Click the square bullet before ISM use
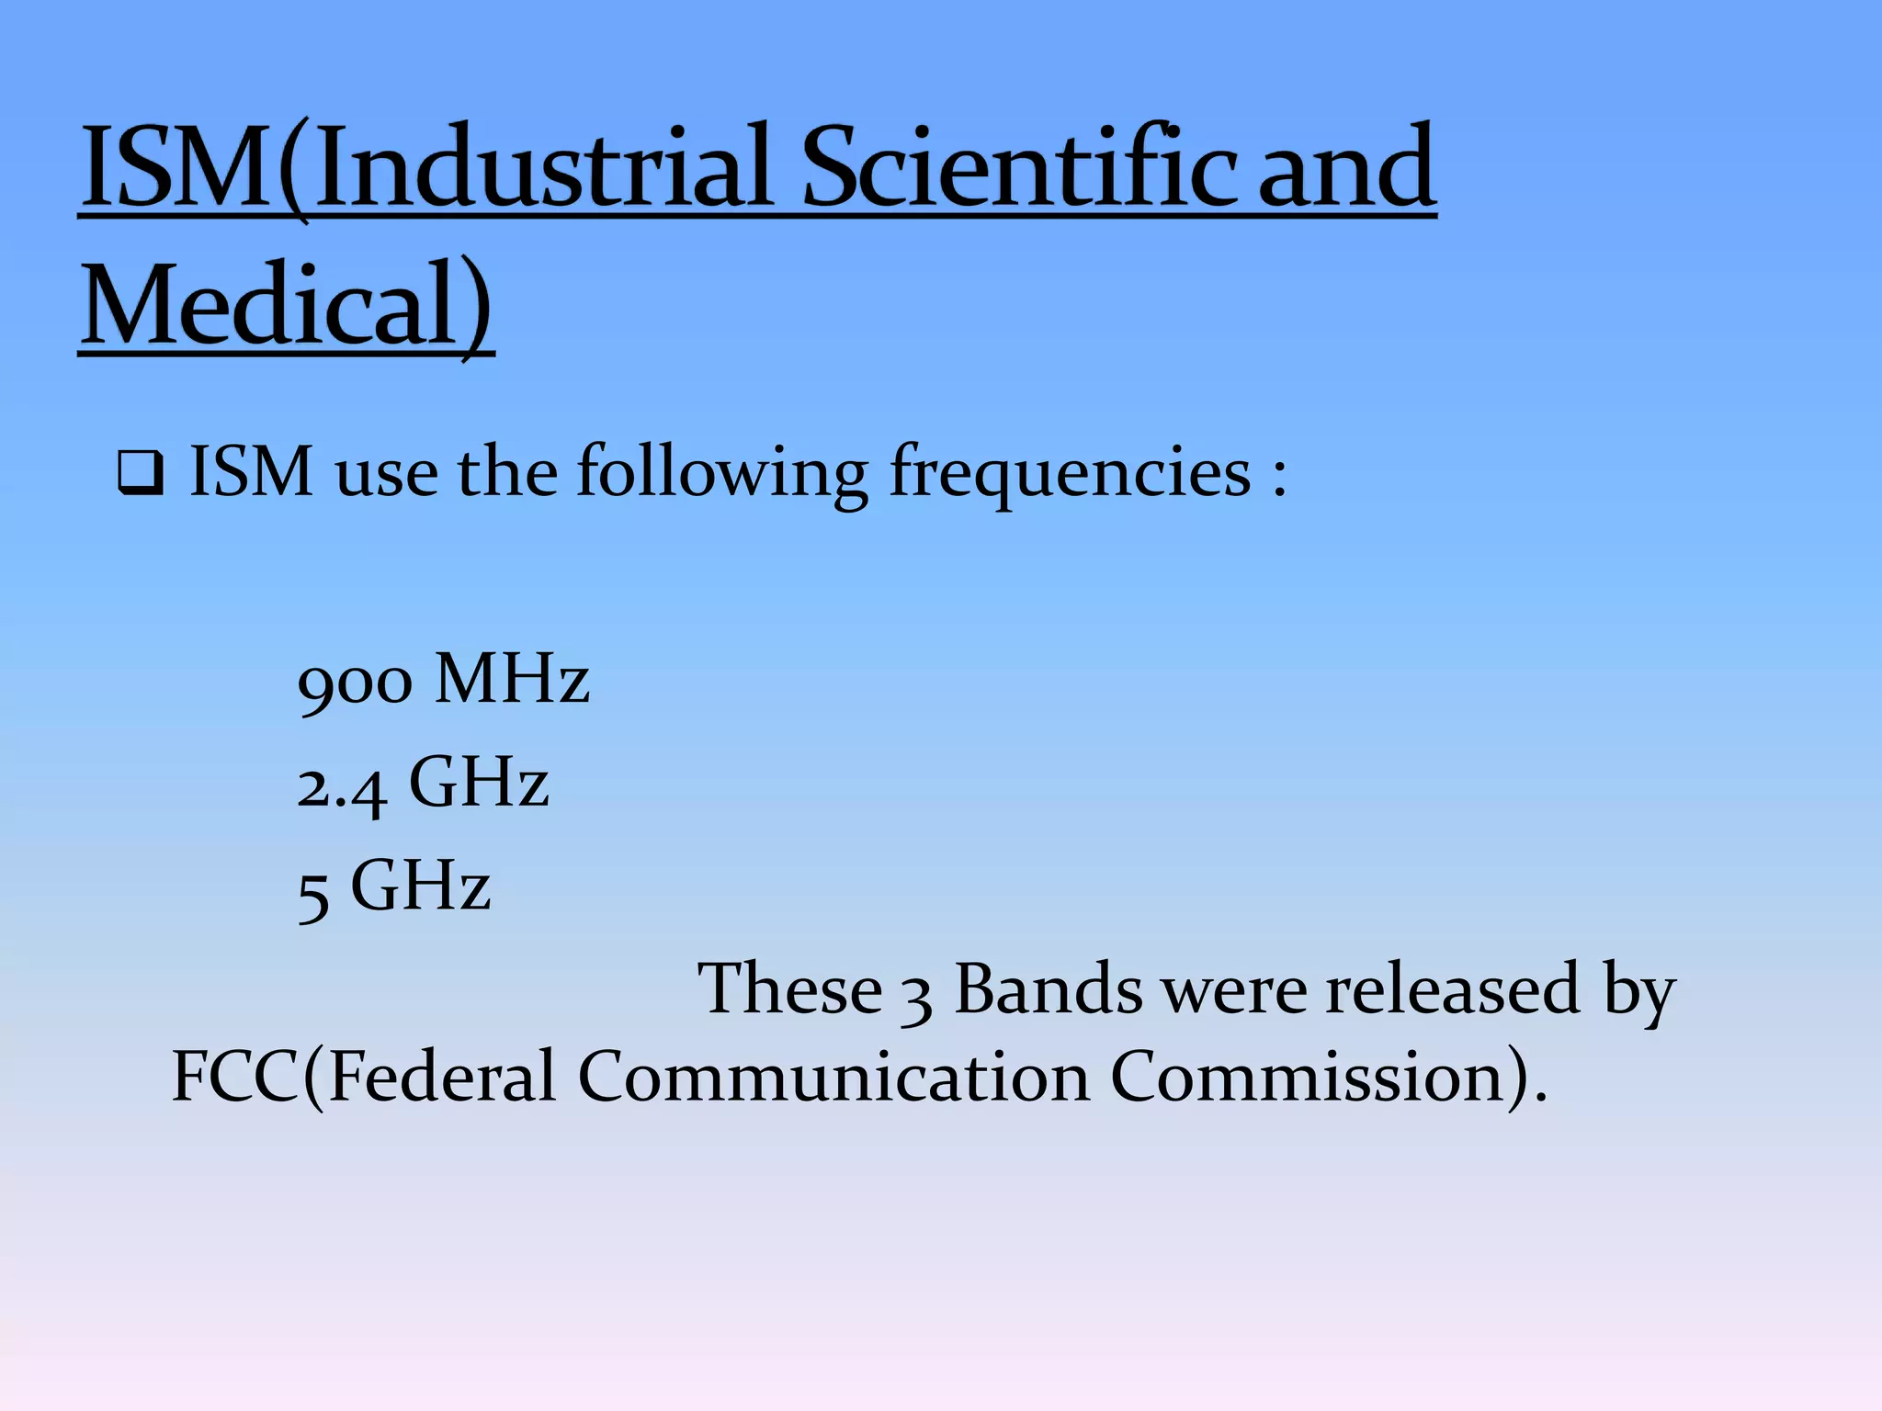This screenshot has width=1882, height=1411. point(141,475)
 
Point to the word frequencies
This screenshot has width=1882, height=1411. point(1070,473)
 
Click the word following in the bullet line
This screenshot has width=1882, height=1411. point(722,473)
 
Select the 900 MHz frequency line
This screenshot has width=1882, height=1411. point(443,682)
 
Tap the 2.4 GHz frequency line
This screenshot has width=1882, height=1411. point(423,785)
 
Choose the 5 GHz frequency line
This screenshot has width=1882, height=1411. point(393,887)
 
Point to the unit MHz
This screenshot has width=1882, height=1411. point(513,680)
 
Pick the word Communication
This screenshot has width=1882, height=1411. point(833,1077)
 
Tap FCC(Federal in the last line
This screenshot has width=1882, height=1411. point(364,1077)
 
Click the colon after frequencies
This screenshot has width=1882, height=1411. point(1279,478)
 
